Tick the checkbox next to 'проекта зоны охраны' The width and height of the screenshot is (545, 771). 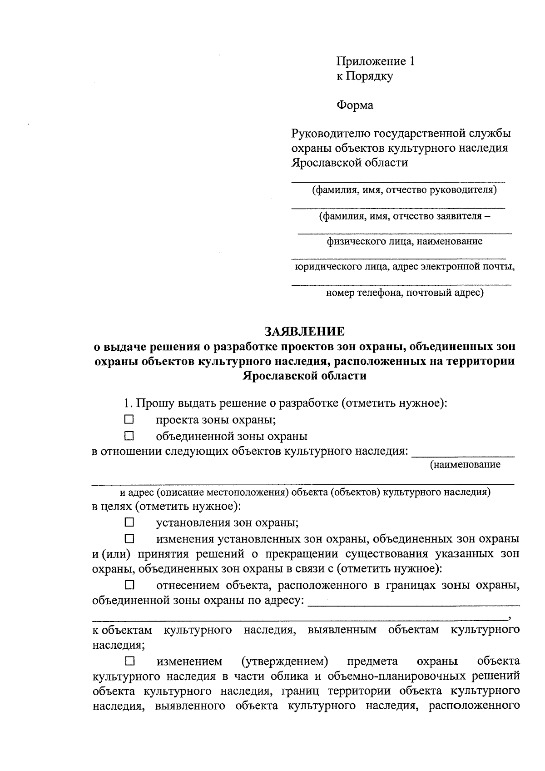[x=129, y=419]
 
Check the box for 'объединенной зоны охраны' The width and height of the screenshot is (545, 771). [x=129, y=436]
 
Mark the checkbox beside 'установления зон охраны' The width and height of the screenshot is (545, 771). [x=129, y=522]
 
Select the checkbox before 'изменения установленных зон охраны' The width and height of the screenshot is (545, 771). [x=129, y=539]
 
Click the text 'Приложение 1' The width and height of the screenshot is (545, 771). [x=375, y=61]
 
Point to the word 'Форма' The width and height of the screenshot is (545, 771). [x=355, y=105]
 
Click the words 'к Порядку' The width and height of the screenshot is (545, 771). [x=364, y=76]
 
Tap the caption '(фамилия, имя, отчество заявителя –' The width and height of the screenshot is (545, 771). [x=404, y=216]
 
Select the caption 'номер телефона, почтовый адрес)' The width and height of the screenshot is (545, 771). [x=404, y=293]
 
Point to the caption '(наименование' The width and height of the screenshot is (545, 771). [x=465, y=465]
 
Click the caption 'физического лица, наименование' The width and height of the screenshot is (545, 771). [x=404, y=241]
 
